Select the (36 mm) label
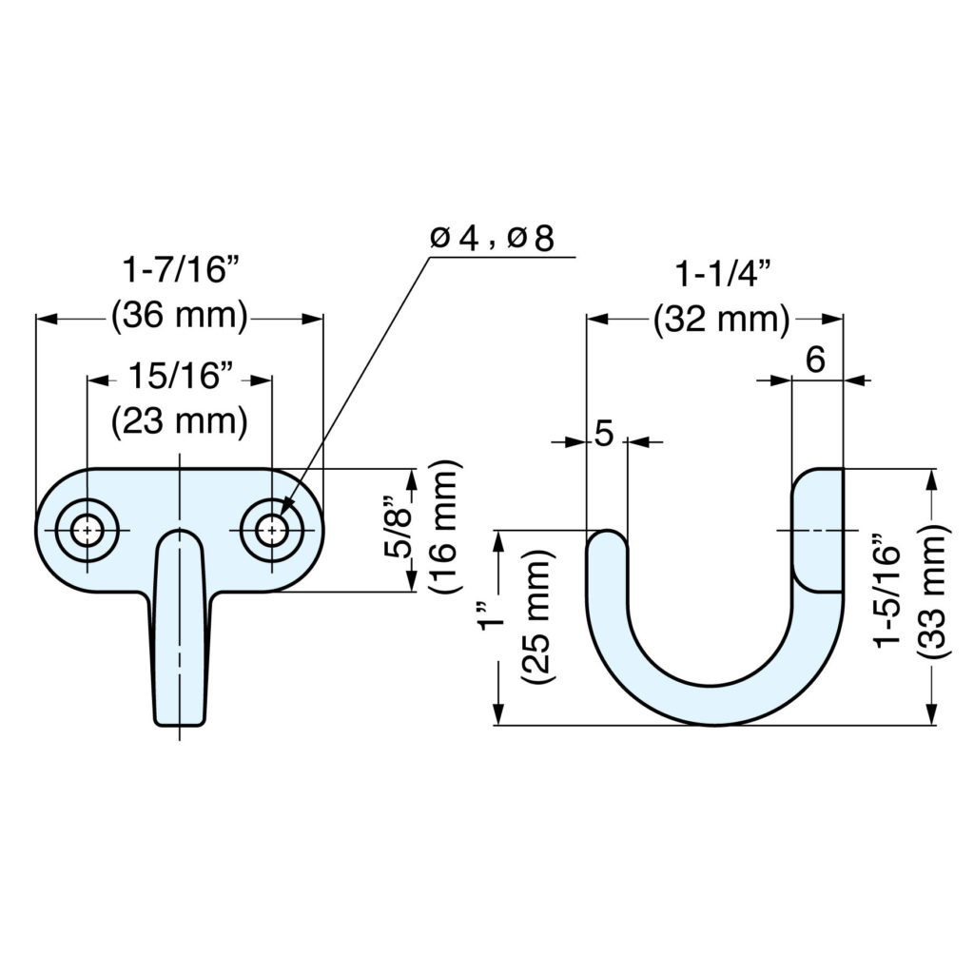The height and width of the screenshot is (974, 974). [179, 316]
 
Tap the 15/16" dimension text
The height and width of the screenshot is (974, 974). [181, 377]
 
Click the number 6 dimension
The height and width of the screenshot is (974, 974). [815, 360]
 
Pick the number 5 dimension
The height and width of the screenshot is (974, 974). [604, 434]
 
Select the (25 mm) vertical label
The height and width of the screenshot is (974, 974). [538, 617]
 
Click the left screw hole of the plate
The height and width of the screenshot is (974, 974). [87, 530]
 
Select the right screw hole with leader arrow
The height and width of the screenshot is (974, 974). [271, 530]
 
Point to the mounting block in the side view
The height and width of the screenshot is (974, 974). [818, 529]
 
